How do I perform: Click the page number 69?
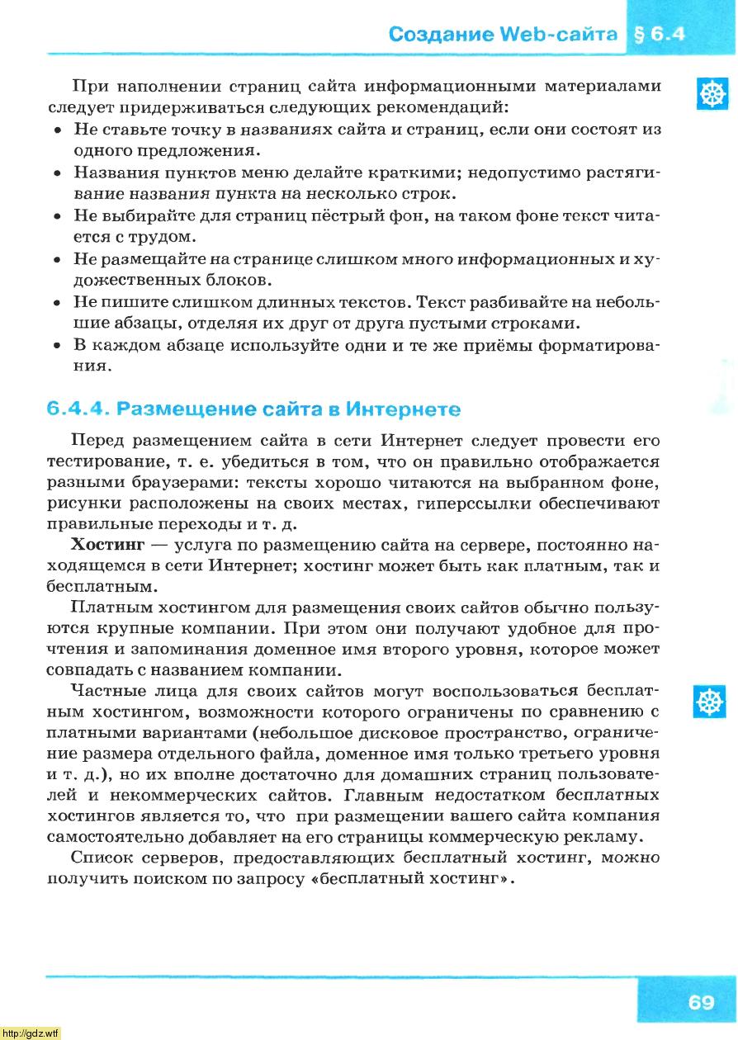(700, 1002)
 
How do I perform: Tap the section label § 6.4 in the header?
(658, 34)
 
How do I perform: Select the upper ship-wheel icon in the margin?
(709, 95)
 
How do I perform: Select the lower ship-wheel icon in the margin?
(709, 701)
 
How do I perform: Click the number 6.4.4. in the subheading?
(78, 409)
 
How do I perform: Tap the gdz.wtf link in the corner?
(31, 1033)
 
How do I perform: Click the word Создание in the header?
(438, 34)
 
